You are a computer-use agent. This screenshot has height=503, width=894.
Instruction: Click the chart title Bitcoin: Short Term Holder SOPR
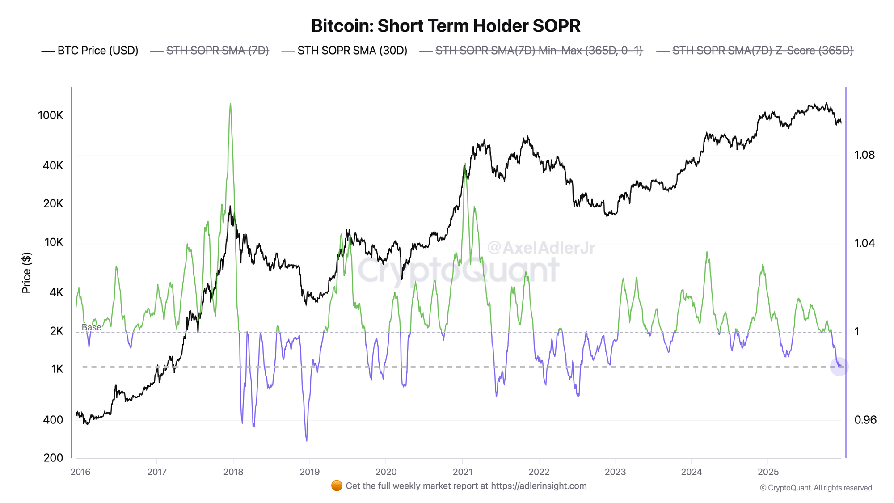446,26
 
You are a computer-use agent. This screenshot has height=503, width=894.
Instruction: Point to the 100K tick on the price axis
51,115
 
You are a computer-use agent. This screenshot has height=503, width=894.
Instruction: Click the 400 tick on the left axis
53,420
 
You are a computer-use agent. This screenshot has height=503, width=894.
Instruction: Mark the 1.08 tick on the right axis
864,155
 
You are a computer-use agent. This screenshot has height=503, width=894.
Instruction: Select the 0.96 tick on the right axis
865,420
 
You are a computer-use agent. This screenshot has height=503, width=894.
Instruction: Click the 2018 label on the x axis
233,472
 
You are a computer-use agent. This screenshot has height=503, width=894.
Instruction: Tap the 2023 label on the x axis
615,472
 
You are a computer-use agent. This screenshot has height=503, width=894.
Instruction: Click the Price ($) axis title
26,273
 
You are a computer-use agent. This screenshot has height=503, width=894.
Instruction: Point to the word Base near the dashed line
91,327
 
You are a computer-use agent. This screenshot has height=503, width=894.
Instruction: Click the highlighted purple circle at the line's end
839,367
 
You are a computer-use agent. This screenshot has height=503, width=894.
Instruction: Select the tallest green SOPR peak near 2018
230,104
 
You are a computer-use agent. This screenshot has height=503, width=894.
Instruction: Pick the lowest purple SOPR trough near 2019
307,440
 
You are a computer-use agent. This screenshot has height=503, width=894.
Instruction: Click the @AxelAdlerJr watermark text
541,247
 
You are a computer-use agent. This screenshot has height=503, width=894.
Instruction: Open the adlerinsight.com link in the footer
539,486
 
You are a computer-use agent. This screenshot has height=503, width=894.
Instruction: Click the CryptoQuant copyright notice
816,488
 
